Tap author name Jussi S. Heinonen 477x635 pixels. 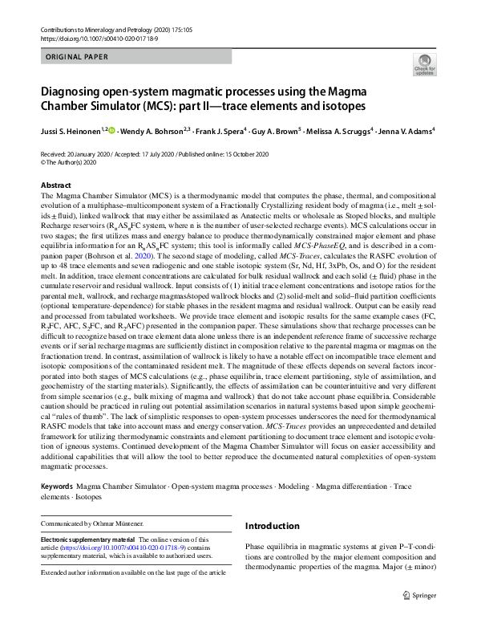[x=71, y=130]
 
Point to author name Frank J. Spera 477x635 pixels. [x=220, y=130]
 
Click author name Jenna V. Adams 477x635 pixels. [x=408, y=130]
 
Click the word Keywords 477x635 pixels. [x=61, y=487]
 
